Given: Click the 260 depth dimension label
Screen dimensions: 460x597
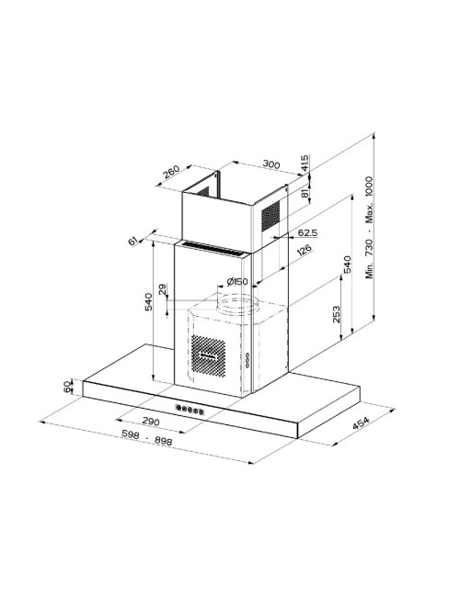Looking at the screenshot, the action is pos(171,172).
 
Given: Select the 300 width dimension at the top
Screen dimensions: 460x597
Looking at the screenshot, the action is pos(271,164).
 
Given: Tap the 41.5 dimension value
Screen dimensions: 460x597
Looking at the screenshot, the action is pos(305,163).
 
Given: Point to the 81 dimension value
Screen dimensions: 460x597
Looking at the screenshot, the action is pos(305,193).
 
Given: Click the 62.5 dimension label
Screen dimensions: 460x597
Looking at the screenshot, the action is pos(307,232).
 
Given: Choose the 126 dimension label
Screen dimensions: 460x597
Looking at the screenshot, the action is pos(304,251).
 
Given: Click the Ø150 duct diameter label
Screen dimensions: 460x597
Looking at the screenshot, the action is pos(236,282).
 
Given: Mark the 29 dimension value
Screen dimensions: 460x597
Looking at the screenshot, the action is pos(163,289).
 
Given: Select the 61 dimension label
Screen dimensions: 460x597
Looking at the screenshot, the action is pos(132,241).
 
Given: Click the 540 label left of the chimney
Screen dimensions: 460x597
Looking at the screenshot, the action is pos(148,302).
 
